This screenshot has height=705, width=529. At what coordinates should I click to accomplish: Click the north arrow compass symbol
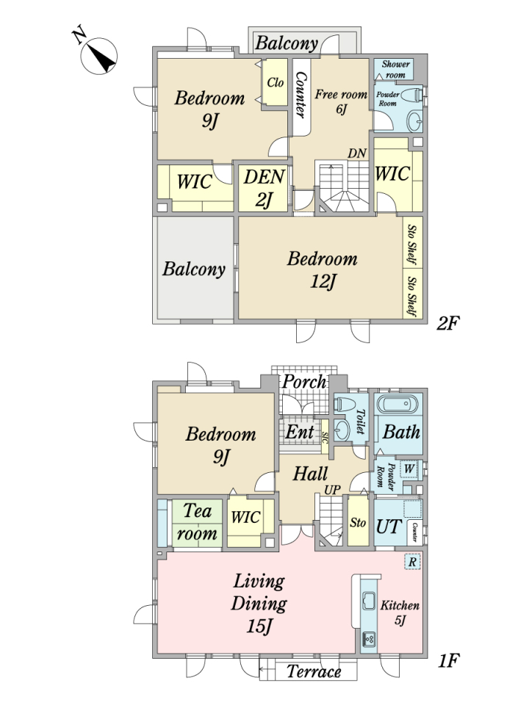pyautogui.click(x=98, y=56)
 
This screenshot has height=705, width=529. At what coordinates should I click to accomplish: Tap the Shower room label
pyautogui.click(x=395, y=70)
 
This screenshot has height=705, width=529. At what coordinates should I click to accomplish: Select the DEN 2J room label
pyautogui.click(x=264, y=188)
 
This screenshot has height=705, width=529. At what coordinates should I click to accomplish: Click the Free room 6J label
pyautogui.click(x=341, y=101)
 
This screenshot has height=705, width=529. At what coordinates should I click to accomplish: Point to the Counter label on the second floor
pyautogui.click(x=300, y=95)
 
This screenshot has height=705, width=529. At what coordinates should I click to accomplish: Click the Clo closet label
pyautogui.click(x=276, y=82)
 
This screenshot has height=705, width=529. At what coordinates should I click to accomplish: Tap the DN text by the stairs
pyautogui.click(x=357, y=153)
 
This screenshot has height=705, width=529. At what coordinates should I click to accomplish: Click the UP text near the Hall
pyautogui.click(x=332, y=490)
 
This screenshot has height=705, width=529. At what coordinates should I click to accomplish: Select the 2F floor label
pyautogui.click(x=447, y=323)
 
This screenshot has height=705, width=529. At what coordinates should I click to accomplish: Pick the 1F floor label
pyautogui.click(x=448, y=660)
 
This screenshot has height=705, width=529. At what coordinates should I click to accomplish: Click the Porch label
pyautogui.click(x=304, y=382)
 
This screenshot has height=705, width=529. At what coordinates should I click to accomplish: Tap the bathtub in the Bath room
pyautogui.click(x=400, y=404)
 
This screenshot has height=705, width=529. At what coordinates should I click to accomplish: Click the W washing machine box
pyautogui.click(x=409, y=469)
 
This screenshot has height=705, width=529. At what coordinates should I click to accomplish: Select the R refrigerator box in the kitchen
pyautogui.click(x=412, y=562)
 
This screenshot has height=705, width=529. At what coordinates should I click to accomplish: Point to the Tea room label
pyautogui.click(x=197, y=522)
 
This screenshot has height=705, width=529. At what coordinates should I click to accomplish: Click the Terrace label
pyautogui.click(x=314, y=672)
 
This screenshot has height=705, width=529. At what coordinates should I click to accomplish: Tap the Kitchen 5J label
pyautogui.click(x=400, y=612)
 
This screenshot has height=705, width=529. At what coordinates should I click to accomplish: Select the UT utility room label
pyautogui.click(x=389, y=526)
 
